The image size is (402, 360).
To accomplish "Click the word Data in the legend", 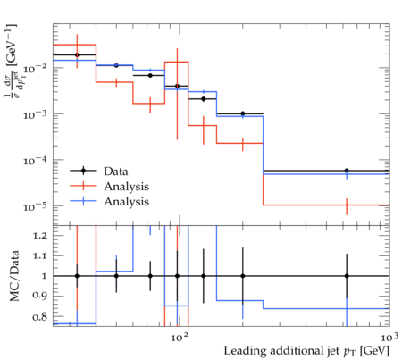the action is (116, 172).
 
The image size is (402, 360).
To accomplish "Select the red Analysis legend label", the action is (126, 187).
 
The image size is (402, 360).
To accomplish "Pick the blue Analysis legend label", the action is (126, 202).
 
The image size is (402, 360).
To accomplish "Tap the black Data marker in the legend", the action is (83, 171).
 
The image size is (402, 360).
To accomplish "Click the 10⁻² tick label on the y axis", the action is (35, 69).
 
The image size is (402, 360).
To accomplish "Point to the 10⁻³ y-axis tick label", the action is (35, 114).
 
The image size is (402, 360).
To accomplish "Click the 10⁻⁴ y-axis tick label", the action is (35, 161).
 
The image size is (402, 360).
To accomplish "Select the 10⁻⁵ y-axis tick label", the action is (35, 206).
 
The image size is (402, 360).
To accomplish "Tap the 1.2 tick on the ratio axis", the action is (40, 236).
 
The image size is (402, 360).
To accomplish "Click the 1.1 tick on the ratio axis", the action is (40, 256).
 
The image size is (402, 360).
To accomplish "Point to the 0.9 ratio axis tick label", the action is (40, 297).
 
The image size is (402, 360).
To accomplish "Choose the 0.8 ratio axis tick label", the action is (40, 316).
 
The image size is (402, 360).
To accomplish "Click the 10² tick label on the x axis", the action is (180, 338).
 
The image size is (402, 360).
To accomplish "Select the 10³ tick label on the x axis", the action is (389, 338).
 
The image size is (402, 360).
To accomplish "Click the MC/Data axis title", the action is (14, 276).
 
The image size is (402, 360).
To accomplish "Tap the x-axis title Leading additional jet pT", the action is (306, 351).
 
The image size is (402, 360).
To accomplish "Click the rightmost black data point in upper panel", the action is (347, 171).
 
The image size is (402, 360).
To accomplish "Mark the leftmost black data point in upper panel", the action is (77, 54).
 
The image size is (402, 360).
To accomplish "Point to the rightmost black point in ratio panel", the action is (347, 276).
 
